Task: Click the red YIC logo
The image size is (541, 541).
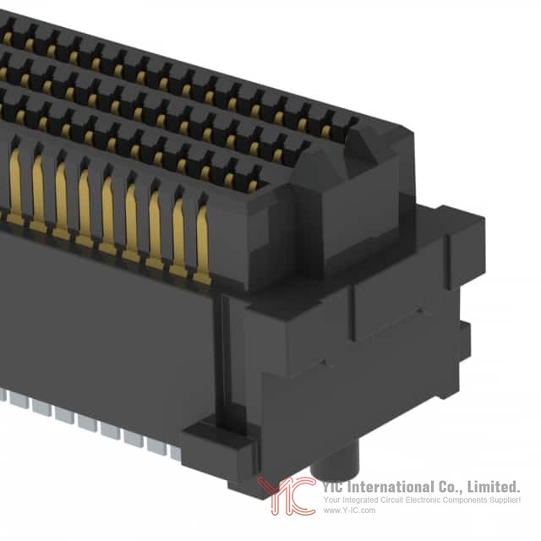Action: [x=287, y=495]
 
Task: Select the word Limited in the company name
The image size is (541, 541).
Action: [x=493, y=487]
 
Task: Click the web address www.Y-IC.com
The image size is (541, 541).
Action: [x=349, y=511]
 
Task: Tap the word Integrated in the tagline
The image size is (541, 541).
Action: [x=358, y=500]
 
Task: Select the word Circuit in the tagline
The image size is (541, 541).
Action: [x=391, y=500]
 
